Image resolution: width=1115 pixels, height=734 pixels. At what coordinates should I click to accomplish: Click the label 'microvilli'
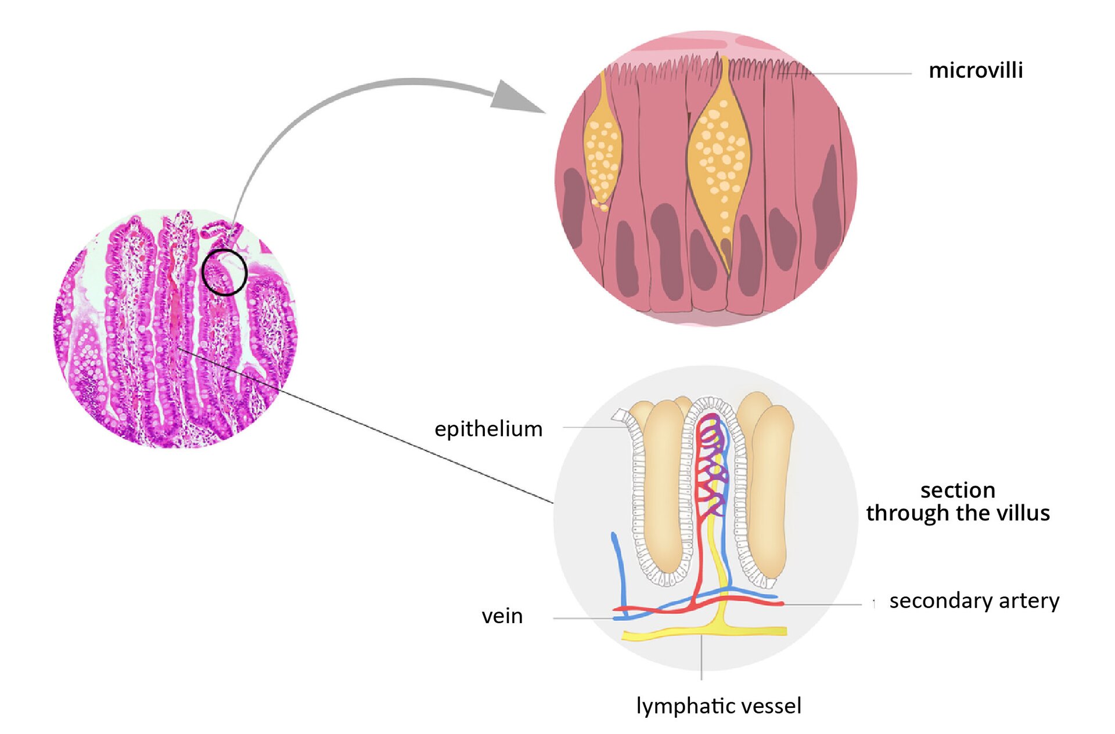pyautogui.click(x=975, y=70)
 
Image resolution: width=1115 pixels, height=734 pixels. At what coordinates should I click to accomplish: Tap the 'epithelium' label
pyautogui.click(x=488, y=429)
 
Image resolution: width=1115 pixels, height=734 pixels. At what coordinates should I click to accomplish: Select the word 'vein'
pyautogui.click(x=502, y=616)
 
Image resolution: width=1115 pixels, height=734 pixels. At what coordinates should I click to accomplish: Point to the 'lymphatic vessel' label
pyautogui.click(x=718, y=706)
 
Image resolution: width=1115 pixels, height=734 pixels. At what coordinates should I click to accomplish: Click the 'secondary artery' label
pyautogui.click(x=974, y=601)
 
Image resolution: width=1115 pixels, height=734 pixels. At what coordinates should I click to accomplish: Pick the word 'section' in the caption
pyautogui.click(x=958, y=490)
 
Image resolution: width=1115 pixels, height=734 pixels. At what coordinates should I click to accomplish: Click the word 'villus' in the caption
pyautogui.click(x=1023, y=513)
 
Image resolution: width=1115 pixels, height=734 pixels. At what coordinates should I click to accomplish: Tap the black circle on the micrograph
pyautogui.click(x=225, y=272)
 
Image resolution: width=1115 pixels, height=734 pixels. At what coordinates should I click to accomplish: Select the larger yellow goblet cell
pyautogui.click(x=718, y=157)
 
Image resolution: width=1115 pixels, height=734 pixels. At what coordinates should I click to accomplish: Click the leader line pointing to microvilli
pyautogui.click(x=859, y=74)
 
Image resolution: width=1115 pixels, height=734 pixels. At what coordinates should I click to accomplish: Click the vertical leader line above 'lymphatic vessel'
pyautogui.click(x=702, y=659)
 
